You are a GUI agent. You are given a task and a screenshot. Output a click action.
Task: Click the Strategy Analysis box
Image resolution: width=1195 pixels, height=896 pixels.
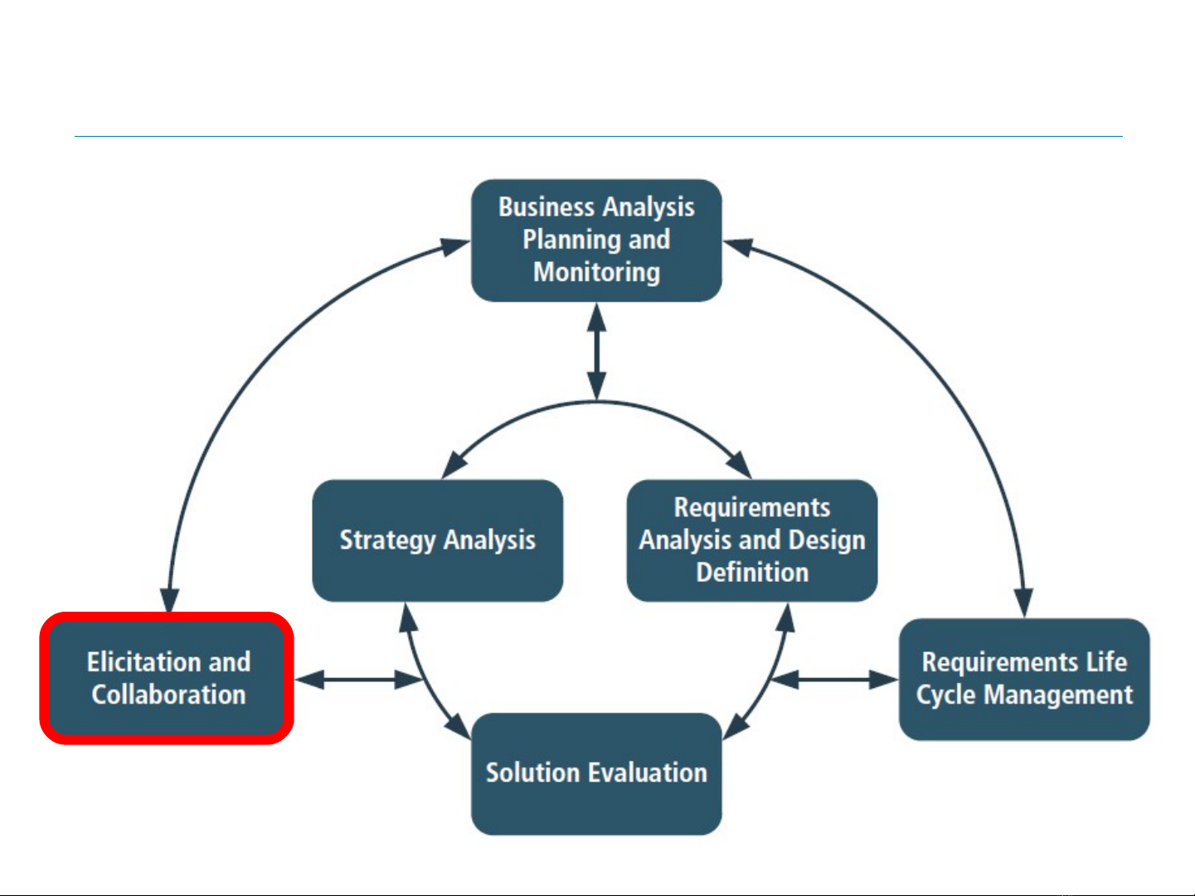click(438, 540)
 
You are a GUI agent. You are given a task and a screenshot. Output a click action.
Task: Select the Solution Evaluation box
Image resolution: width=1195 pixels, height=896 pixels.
click(596, 773)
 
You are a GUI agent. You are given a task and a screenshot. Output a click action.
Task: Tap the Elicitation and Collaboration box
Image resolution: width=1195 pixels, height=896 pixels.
click(168, 678)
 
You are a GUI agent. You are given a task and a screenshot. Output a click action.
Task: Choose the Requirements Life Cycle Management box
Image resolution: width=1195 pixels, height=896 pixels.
click(1024, 679)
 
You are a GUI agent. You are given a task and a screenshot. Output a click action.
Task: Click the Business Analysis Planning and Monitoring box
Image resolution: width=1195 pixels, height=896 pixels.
click(596, 240)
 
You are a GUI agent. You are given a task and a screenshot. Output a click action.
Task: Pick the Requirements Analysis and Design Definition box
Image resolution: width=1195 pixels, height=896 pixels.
click(752, 540)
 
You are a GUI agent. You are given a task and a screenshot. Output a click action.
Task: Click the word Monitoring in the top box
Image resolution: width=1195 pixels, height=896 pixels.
click(597, 273)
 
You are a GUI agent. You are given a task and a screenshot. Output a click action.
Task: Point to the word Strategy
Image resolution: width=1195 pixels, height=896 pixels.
click(387, 540)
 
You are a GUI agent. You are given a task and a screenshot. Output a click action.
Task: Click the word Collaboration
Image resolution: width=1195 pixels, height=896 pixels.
click(169, 695)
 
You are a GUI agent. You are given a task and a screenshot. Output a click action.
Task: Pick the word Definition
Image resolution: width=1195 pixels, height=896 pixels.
click(752, 573)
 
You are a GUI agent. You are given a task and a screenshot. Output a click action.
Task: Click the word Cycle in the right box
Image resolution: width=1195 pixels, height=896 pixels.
click(945, 695)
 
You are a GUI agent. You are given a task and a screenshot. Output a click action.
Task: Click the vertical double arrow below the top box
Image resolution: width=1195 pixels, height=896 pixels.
click(597, 352)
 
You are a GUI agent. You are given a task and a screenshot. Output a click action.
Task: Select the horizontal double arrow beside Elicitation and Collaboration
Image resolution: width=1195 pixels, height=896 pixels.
click(358, 680)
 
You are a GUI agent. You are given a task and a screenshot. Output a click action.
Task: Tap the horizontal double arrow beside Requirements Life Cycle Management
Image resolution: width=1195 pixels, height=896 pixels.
click(834, 680)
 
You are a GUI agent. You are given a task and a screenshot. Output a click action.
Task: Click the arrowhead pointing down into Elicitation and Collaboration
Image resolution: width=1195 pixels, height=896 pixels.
click(169, 601)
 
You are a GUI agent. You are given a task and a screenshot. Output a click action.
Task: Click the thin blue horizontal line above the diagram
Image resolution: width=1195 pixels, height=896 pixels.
click(598, 136)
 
